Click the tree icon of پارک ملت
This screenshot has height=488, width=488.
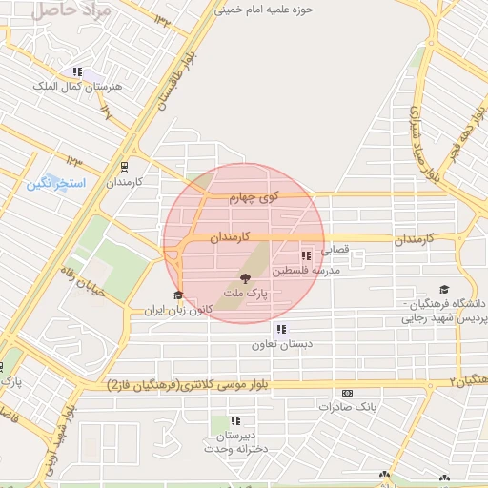246,278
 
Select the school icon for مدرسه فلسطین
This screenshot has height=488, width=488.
305,255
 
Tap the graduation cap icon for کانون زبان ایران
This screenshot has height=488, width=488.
177,295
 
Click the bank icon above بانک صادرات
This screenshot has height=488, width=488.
347,392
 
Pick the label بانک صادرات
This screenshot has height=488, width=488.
348,407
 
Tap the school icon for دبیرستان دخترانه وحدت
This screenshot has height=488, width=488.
235,419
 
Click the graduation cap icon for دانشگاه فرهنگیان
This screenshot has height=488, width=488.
443,289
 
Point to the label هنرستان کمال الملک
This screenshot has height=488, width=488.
77,87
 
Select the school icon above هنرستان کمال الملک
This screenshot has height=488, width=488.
77,71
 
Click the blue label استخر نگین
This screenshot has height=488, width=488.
56,181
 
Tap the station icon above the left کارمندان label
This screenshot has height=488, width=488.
122,164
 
